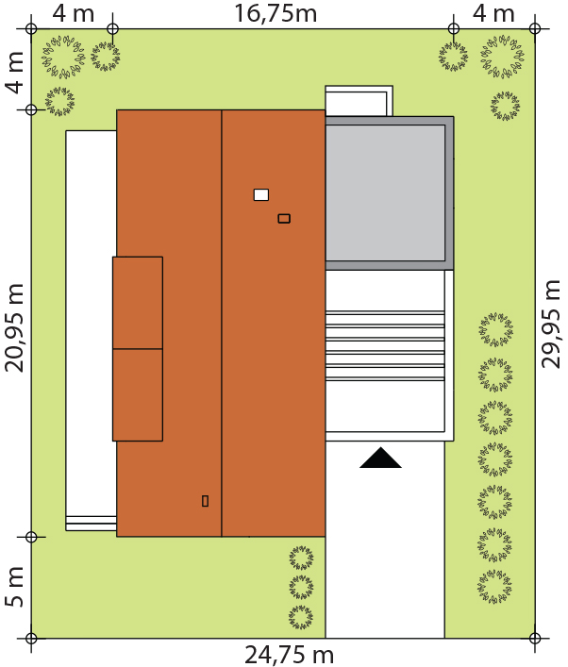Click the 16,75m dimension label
[276, 13]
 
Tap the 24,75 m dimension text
[290, 655]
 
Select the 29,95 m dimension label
[551, 325]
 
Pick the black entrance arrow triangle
[380, 458]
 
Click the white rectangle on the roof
[261, 195]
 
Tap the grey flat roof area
[390, 192]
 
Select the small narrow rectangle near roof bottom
[205, 501]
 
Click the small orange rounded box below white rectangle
[284, 219]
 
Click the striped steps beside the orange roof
[385, 345]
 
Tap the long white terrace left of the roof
[92, 330]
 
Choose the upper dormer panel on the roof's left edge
[138, 303]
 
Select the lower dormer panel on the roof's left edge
[138, 394]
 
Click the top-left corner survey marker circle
[31, 29]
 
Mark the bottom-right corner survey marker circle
[535, 638]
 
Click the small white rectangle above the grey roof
[359, 101]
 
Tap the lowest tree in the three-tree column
[301, 618]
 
